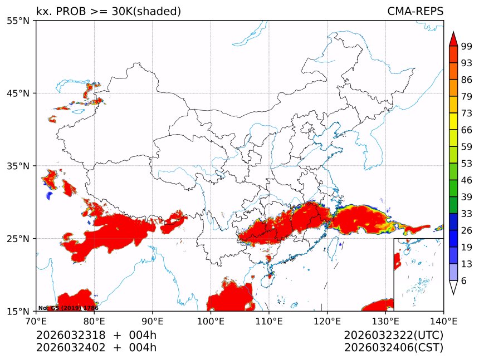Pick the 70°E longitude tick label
tap(36, 320)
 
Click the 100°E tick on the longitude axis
tap(211, 320)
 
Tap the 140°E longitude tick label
tap(443, 320)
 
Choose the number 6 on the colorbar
tap(464, 281)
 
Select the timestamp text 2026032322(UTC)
tap(393, 335)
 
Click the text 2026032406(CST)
tap(393, 348)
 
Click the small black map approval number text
tap(68, 308)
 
